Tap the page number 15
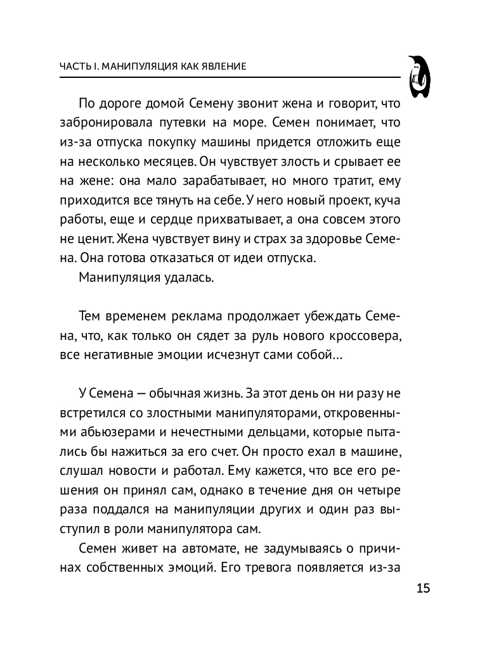[424, 588]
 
